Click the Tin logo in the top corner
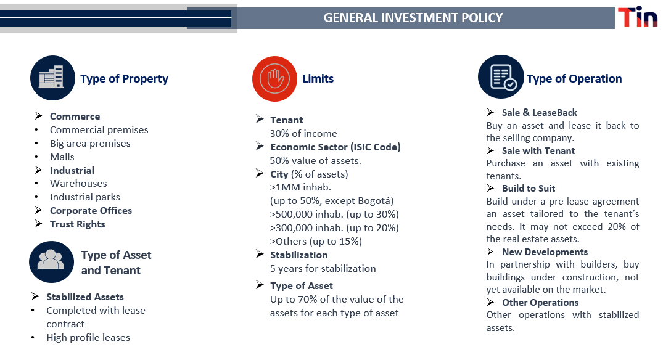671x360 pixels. (x=638, y=17)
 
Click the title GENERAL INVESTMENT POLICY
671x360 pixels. (x=413, y=18)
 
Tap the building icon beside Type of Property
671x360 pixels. (x=52, y=78)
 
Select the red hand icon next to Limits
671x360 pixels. (x=274, y=79)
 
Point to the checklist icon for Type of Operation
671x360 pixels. (x=501, y=77)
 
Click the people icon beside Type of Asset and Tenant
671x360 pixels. (x=51, y=261)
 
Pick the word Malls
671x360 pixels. (x=62, y=157)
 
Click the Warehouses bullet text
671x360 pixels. (x=78, y=184)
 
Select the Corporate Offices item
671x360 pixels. (x=91, y=210)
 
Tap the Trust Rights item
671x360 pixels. (x=78, y=224)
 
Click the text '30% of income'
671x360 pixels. (x=303, y=133)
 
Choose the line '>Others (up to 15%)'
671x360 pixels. (x=316, y=242)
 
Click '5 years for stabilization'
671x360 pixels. (x=323, y=269)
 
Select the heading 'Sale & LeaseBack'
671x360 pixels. (x=539, y=112)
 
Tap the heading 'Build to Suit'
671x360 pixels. (x=529, y=189)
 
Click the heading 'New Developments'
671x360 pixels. (x=545, y=252)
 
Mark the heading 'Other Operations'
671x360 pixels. (x=540, y=302)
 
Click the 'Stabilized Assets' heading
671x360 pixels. (x=85, y=297)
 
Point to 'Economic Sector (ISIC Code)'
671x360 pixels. (x=335, y=147)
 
